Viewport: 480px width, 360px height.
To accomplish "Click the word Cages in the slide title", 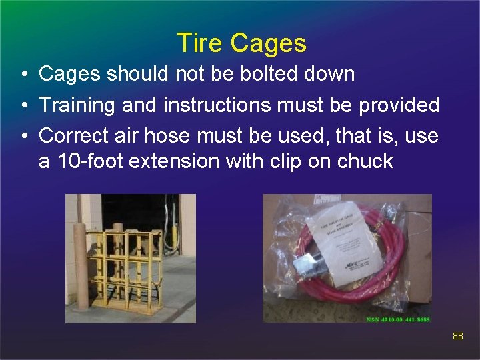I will (268, 43).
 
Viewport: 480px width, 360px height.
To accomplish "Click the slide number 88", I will (457, 337).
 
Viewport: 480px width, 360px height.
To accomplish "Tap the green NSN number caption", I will (399, 319).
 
